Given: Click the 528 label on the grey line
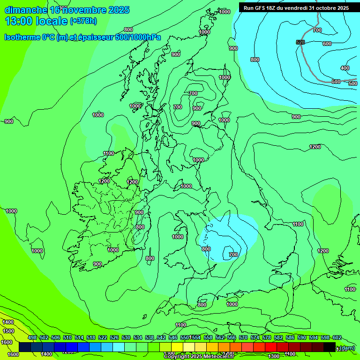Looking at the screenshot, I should [300, 43].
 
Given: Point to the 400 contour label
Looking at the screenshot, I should [345, 68].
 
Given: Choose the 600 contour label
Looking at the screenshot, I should [327, 44].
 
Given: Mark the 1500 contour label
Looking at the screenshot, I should [8, 331].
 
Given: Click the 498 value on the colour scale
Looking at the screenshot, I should [32, 338].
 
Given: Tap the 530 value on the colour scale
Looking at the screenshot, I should [126, 338].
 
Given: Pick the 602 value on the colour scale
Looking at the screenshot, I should [337, 338].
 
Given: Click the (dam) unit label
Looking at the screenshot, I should [347, 347].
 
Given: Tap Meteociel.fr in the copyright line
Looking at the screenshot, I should [215, 357].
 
